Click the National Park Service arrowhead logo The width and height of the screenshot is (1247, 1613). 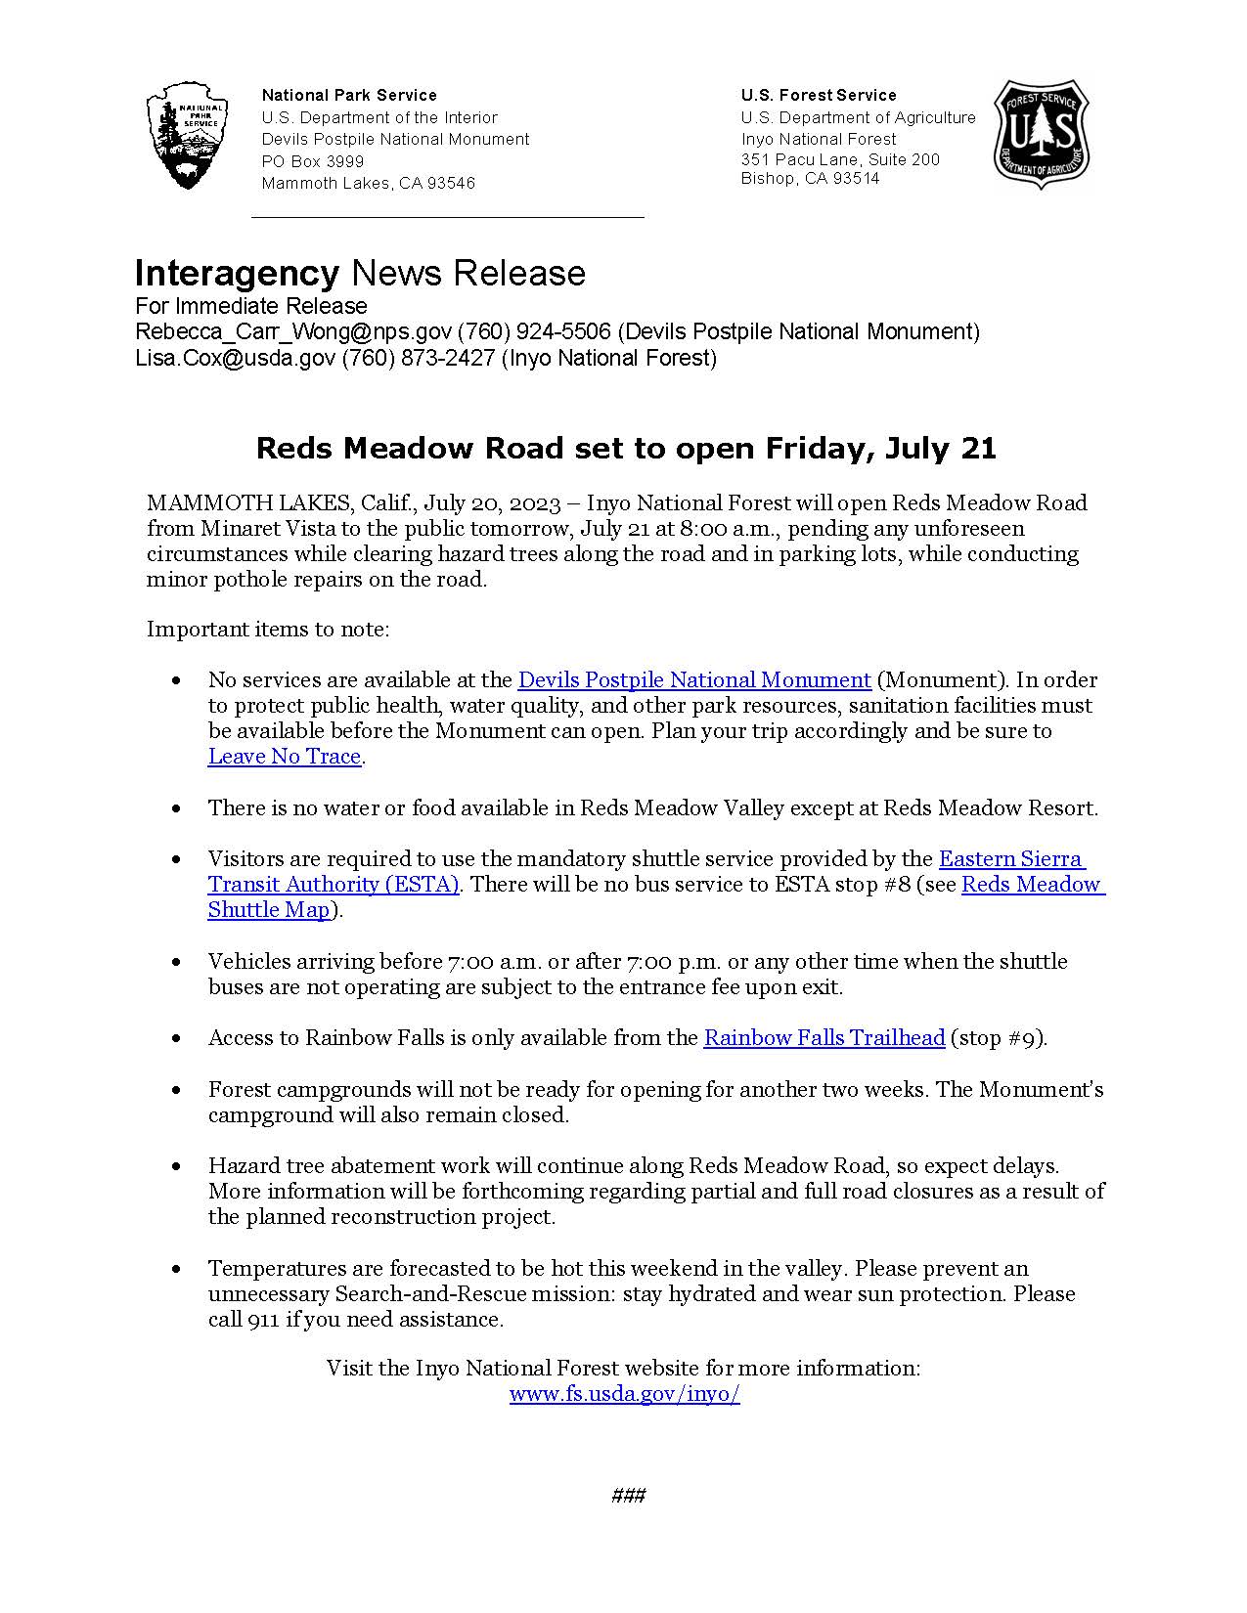pos(187,135)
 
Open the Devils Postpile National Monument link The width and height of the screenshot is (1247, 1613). pos(693,679)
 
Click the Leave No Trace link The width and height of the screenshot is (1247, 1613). pos(285,756)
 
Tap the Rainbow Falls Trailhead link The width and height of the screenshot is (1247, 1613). pos(824,1037)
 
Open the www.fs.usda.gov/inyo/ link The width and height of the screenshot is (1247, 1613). pos(624,1394)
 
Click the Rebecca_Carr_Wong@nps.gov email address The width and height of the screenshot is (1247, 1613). pos(293,331)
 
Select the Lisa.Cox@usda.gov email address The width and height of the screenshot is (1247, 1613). pos(235,358)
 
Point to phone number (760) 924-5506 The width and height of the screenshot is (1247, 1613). pos(534,331)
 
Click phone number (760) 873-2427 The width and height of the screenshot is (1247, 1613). pos(418,358)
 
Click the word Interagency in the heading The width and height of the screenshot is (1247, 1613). pos(236,273)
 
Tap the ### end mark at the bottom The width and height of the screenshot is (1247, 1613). pos(627,1496)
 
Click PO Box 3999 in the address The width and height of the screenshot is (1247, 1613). pos(313,161)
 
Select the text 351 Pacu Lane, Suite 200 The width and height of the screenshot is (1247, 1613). pos(839,159)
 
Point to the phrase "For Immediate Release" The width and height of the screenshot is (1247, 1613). pos(250,306)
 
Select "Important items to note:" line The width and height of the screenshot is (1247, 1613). pos(268,629)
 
